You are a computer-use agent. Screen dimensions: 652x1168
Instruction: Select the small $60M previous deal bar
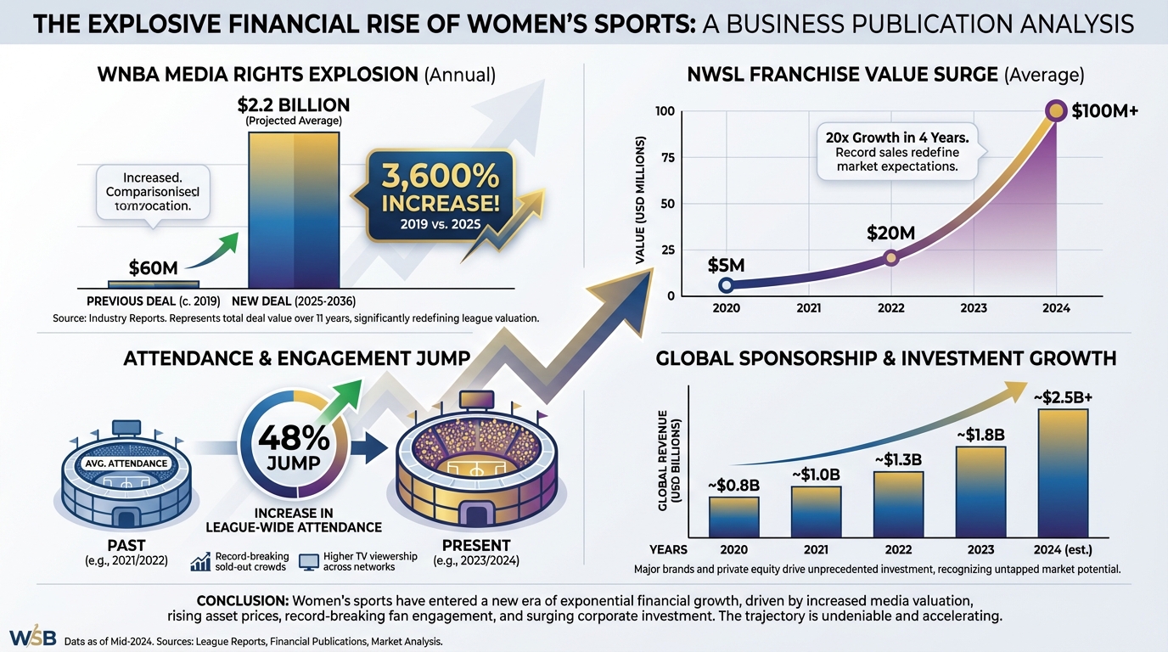[154, 284]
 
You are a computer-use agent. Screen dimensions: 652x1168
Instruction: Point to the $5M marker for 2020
[726, 285]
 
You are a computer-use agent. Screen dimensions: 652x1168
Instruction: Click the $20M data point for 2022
[890, 258]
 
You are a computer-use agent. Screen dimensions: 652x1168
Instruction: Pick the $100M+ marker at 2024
[1056, 110]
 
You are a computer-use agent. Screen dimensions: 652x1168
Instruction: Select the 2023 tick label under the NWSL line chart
[974, 308]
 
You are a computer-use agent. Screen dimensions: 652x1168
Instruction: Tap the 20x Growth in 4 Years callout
[897, 151]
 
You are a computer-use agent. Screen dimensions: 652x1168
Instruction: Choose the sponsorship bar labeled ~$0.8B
[733, 516]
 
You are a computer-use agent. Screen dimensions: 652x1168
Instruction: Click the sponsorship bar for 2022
[898, 503]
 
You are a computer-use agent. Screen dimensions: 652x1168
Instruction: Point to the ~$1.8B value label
[981, 436]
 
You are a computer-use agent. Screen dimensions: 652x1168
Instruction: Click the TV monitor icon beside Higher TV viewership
[309, 561]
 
